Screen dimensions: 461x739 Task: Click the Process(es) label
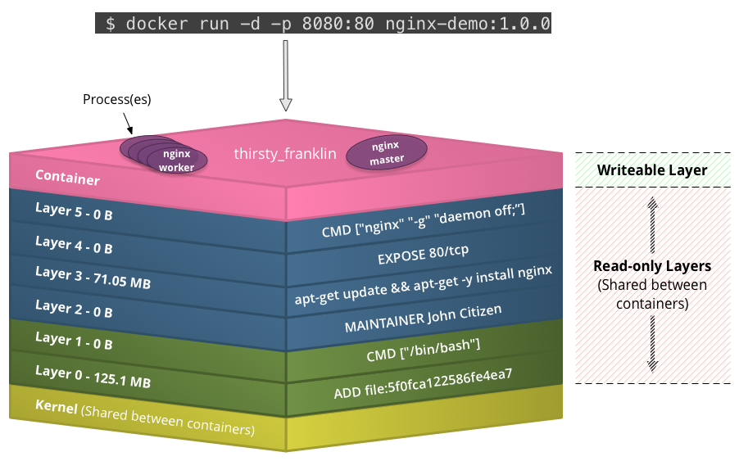117,99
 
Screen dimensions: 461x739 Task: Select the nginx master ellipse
388,152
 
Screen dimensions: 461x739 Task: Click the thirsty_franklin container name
285,153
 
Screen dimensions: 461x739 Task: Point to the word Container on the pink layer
67,178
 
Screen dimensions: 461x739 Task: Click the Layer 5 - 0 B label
74,212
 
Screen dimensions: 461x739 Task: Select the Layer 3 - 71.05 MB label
93,277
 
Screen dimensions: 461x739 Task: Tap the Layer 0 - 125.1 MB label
92,377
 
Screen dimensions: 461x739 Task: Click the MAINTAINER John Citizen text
422,319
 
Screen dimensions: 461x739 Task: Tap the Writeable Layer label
651,170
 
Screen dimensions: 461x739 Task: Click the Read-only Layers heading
651,266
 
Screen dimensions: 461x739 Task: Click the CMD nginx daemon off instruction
423,221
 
